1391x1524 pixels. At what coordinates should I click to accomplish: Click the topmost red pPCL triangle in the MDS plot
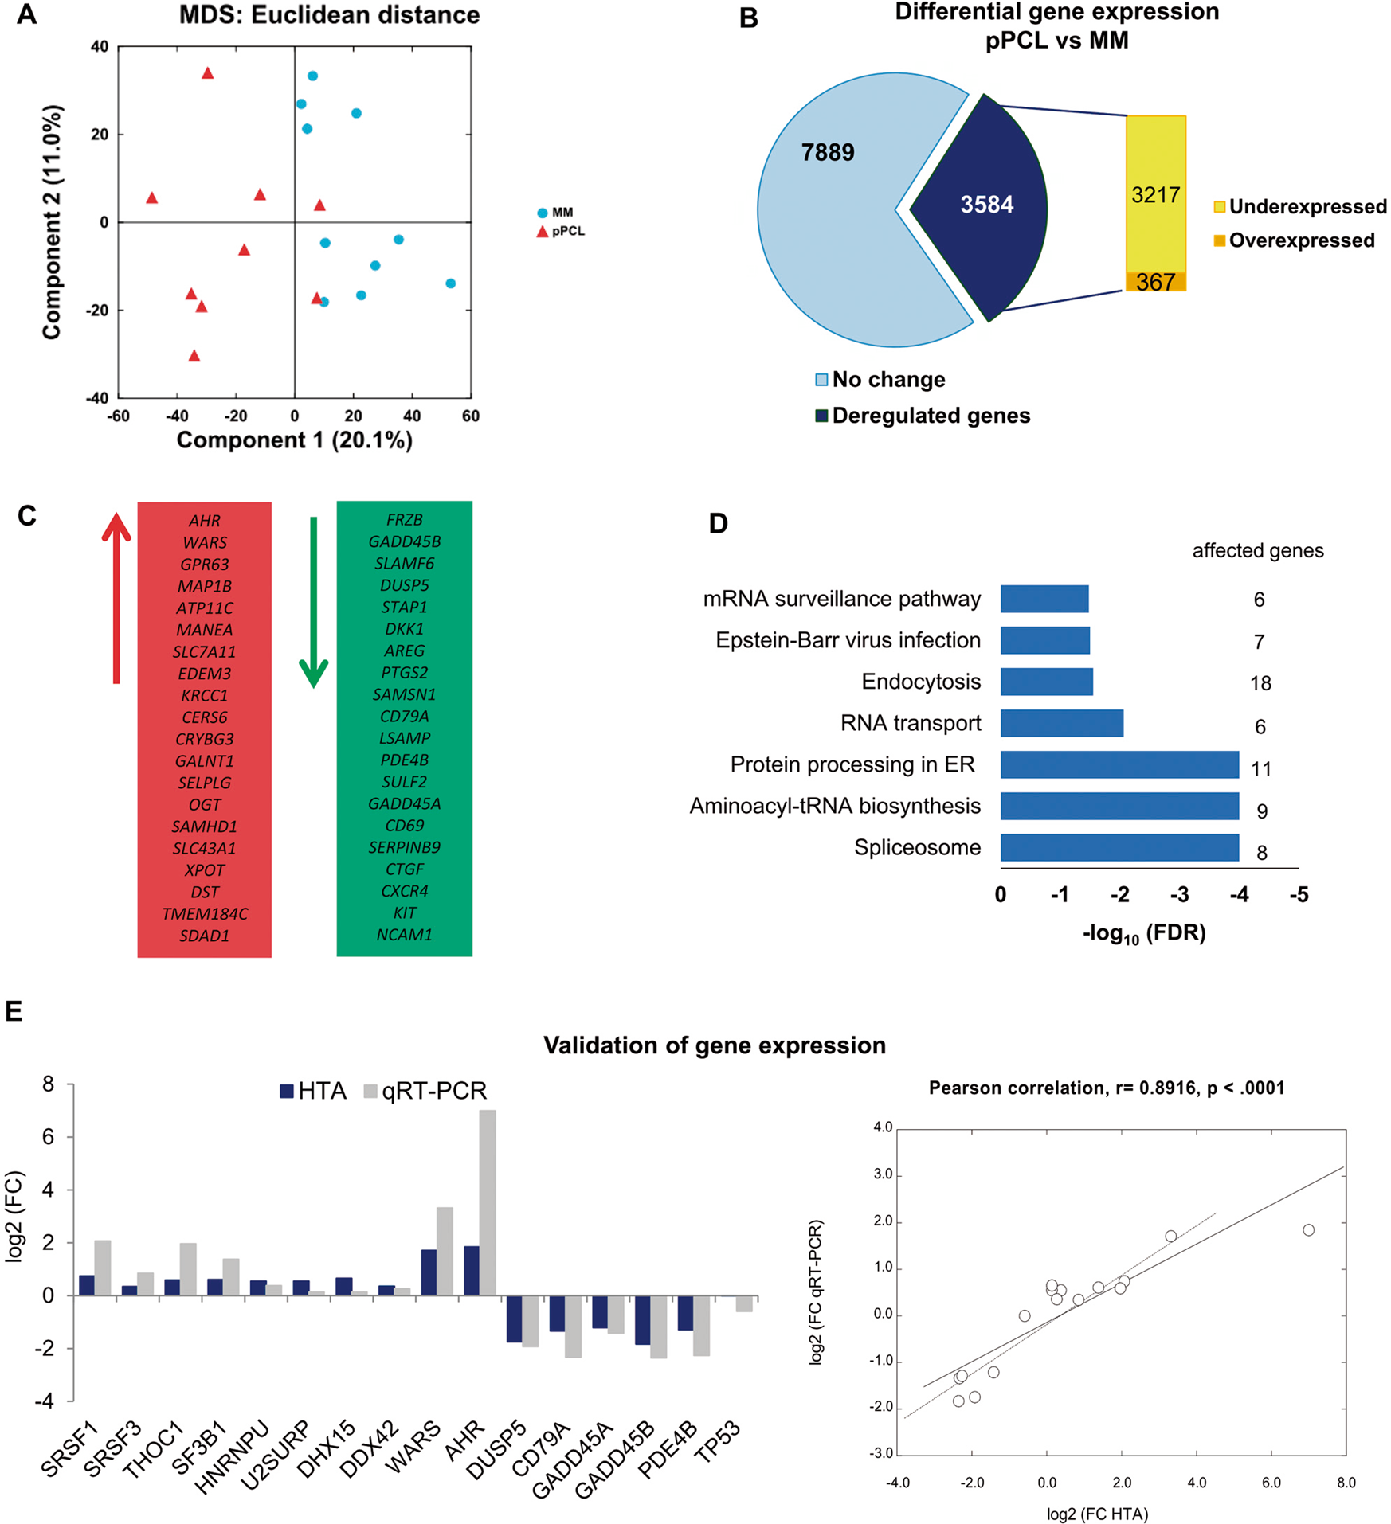[x=208, y=73]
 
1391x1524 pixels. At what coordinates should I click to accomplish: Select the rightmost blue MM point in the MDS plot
[x=451, y=283]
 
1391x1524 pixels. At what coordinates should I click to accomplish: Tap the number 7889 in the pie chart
[x=828, y=152]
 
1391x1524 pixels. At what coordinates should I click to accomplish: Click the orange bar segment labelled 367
[x=1155, y=282]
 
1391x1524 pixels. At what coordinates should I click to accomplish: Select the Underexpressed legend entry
[x=1300, y=207]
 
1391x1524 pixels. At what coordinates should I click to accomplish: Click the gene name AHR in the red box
[x=205, y=521]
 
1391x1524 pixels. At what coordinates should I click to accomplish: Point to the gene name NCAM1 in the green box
[x=404, y=935]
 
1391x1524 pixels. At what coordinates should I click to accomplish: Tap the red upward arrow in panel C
[x=116, y=597]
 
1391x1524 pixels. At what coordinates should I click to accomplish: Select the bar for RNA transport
[x=1061, y=723]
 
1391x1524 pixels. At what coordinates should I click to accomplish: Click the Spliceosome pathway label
[x=917, y=847]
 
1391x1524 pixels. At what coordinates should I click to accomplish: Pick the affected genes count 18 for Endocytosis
[x=1260, y=683]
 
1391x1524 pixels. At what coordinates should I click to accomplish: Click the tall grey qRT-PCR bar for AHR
[x=488, y=1202]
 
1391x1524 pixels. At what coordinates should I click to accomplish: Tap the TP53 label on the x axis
[x=718, y=1442]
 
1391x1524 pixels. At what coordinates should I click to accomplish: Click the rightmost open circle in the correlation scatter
[x=1308, y=1230]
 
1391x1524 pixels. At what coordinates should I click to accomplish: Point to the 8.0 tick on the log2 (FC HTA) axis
[x=1346, y=1483]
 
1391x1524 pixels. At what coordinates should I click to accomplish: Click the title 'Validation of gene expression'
[x=714, y=1045]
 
